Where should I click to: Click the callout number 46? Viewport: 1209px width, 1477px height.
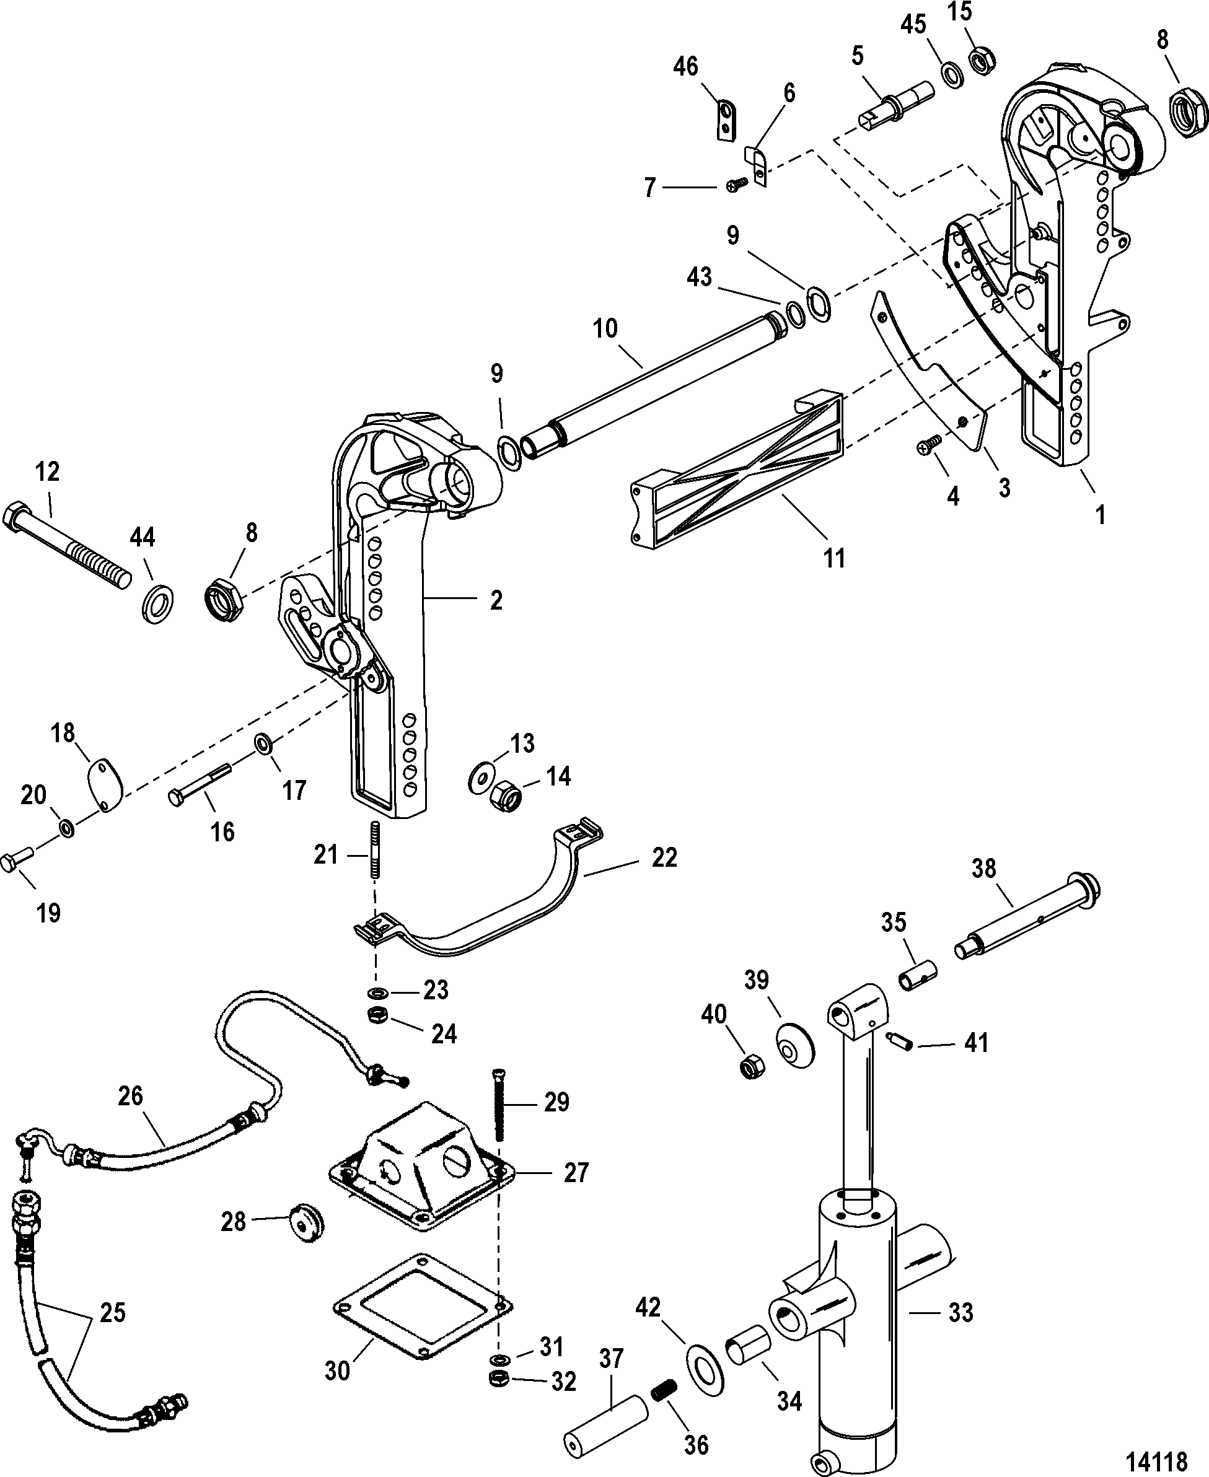point(685,66)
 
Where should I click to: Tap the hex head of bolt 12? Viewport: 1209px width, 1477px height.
point(14,518)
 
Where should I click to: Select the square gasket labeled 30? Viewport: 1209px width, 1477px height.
point(423,1307)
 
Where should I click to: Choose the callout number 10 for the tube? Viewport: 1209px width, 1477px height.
point(605,328)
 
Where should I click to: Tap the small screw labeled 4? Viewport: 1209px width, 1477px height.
point(930,442)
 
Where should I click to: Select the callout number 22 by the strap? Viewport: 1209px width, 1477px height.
point(664,857)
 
